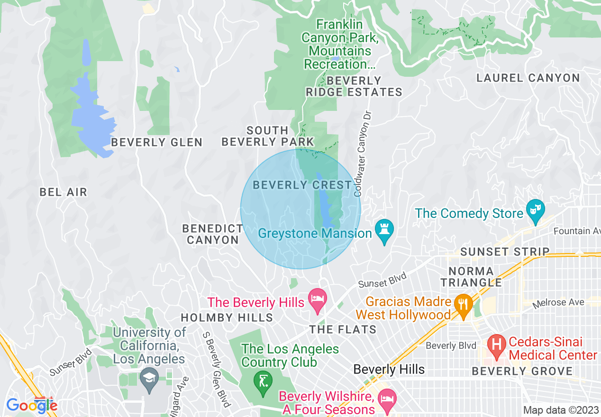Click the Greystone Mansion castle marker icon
(x=384, y=230)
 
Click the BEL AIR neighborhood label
(x=63, y=192)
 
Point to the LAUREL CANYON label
(x=528, y=78)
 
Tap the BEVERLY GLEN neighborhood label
(x=156, y=142)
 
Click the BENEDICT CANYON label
(x=213, y=234)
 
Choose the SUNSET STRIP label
(x=505, y=252)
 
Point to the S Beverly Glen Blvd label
(x=216, y=369)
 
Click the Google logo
(x=31, y=406)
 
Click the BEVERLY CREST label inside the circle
(x=302, y=185)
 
